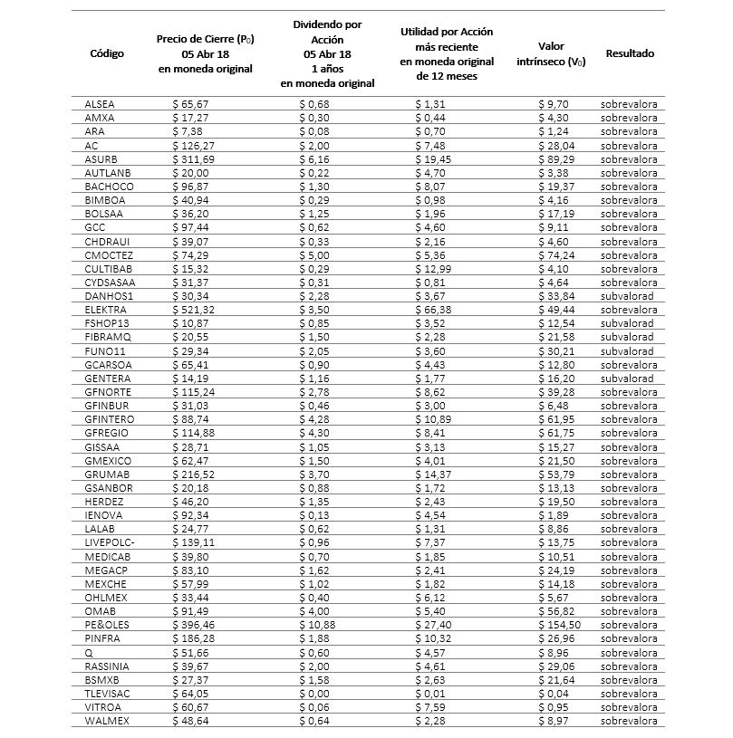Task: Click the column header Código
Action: [x=107, y=53]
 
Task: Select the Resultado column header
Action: [x=630, y=53]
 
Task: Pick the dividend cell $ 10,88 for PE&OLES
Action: [x=322, y=625]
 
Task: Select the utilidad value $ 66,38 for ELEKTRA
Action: [x=435, y=310]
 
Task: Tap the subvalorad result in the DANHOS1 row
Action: [x=626, y=296]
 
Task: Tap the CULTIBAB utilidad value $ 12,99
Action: [x=435, y=269]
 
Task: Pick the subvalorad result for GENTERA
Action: [x=626, y=379]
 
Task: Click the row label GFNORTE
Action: [x=104, y=392]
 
